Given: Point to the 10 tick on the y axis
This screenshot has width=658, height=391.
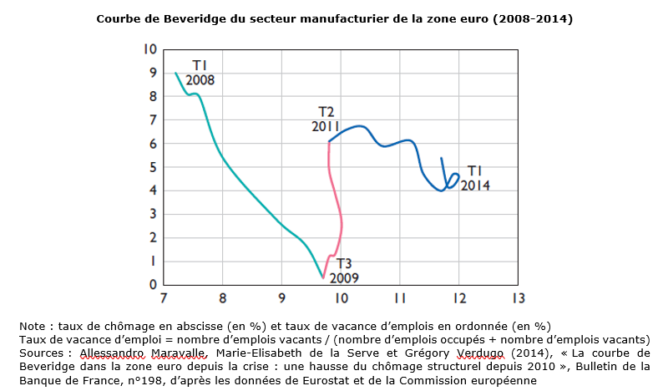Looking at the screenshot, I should pyautogui.click(x=150, y=49).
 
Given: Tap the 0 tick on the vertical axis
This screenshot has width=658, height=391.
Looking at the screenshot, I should pyautogui.click(x=152, y=285).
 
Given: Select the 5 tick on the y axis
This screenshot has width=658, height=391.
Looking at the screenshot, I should pyautogui.click(x=152, y=167).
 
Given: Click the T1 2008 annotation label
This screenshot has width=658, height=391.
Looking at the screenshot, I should pyautogui.click(x=200, y=73).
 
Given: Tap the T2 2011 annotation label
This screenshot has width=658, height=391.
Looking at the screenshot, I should pyautogui.click(x=326, y=119).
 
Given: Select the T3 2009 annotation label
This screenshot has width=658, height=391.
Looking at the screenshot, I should pyautogui.click(x=344, y=270).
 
